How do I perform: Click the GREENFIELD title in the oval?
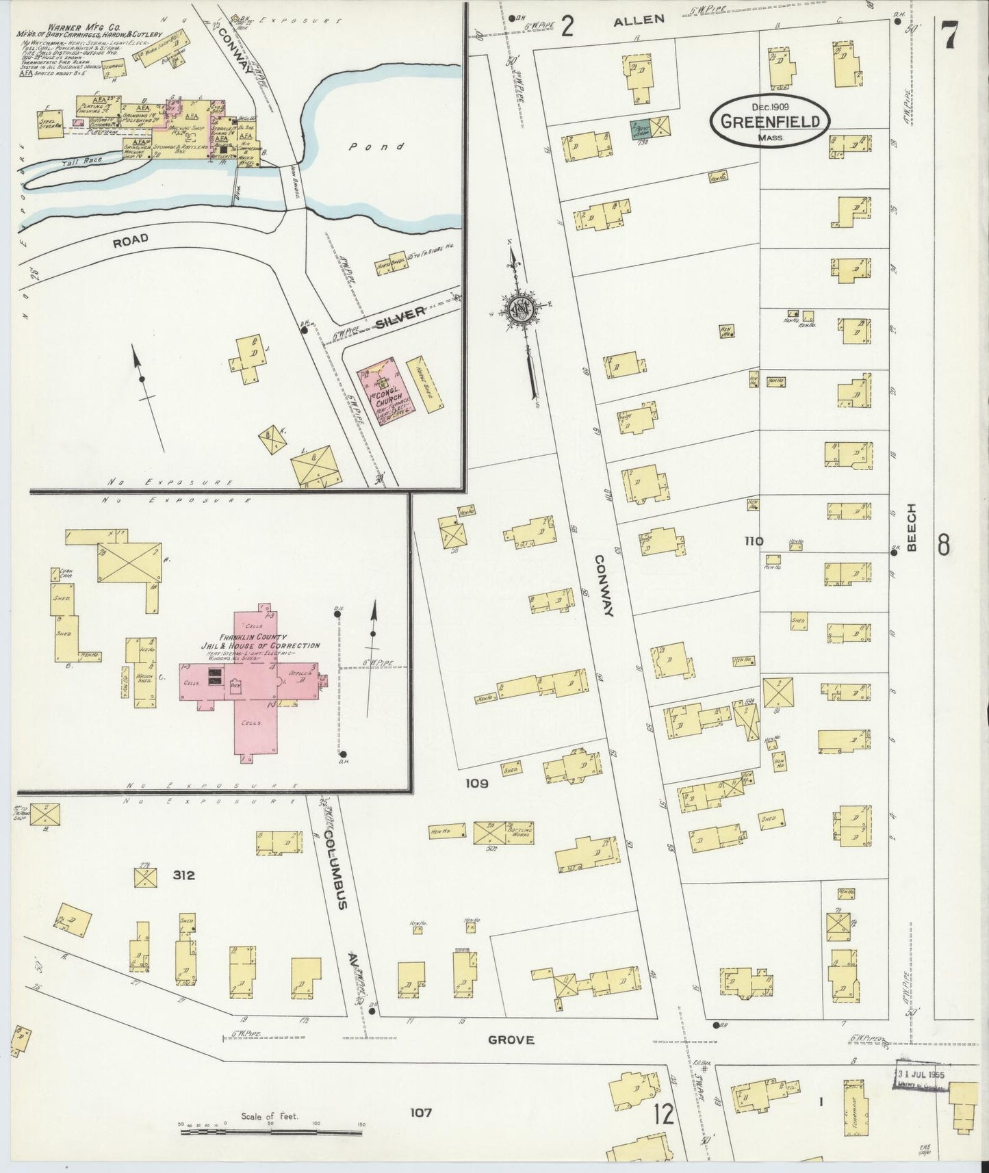[769, 122]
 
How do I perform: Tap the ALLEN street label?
[638, 21]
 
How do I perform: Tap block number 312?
[183, 875]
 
